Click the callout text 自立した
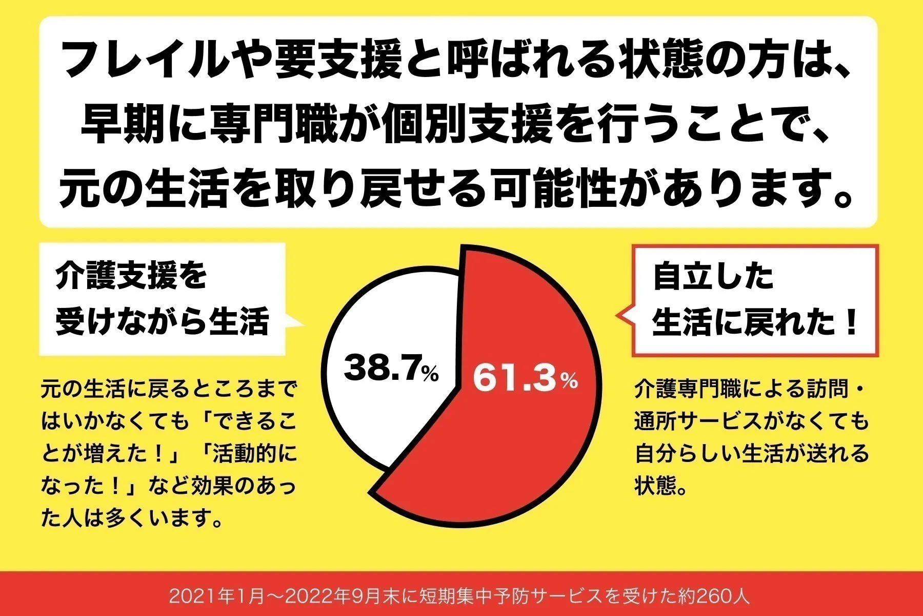point(713,277)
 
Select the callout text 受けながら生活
point(162,322)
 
